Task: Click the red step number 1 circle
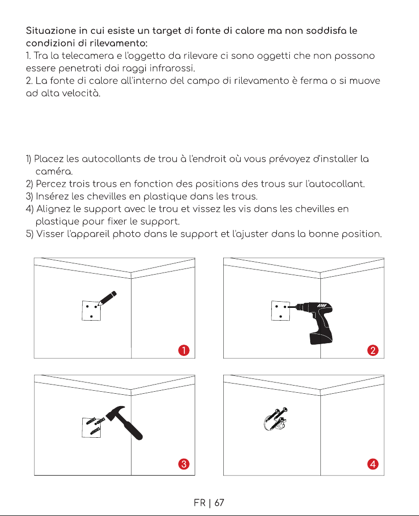tap(184, 350)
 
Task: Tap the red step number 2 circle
tap(373, 350)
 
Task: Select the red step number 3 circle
tap(184, 464)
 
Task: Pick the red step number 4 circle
tap(373, 464)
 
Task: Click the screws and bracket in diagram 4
tap(275, 419)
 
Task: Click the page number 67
tap(219, 503)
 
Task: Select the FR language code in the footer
tap(200, 503)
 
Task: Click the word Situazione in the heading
tap(51, 31)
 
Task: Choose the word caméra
tap(54, 171)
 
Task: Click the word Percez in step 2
tap(51, 184)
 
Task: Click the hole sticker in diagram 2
tap(281, 310)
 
